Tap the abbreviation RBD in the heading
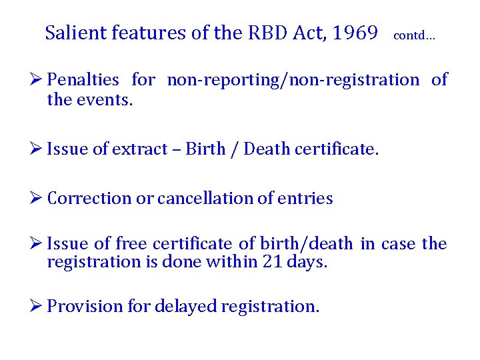point(277,33)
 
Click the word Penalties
point(83,80)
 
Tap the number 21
point(265,261)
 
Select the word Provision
point(86,306)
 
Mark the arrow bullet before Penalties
point(37,80)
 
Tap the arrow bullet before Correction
point(37,198)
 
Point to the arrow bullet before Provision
point(37,306)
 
